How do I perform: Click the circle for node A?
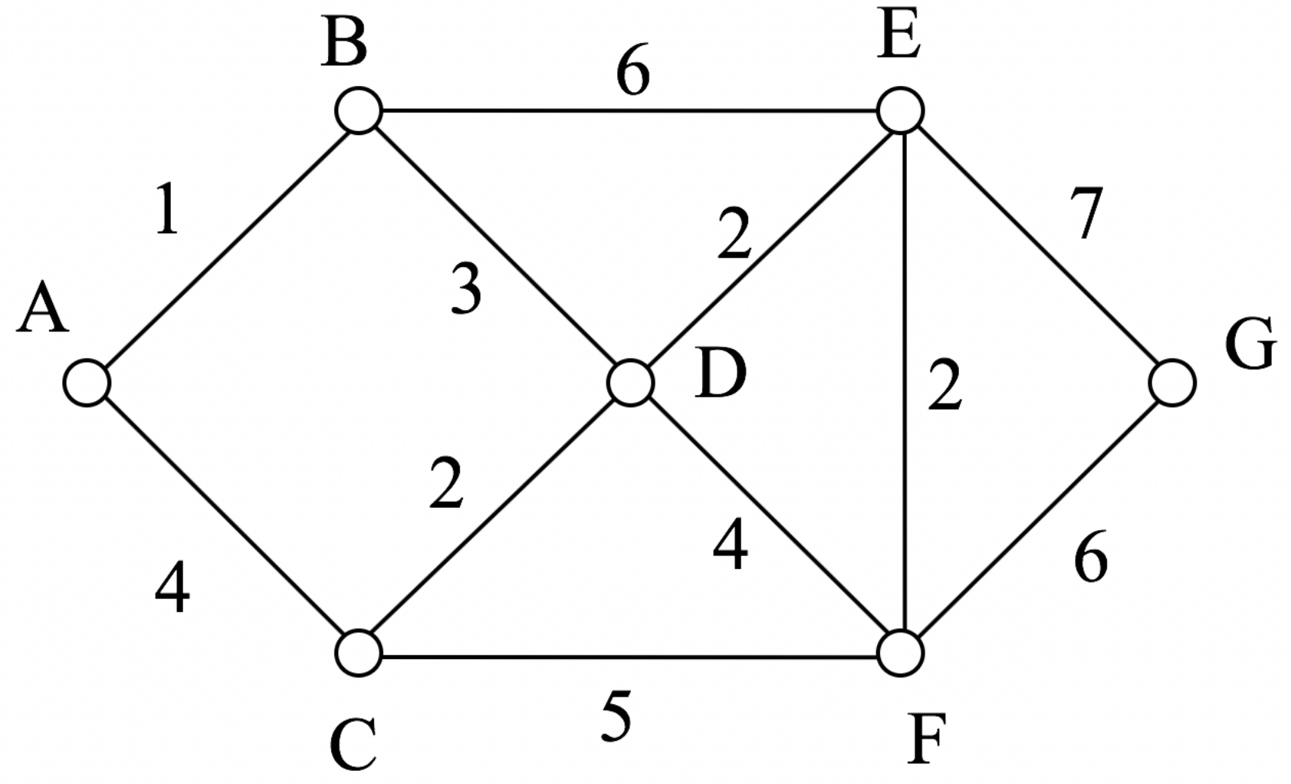pos(87,383)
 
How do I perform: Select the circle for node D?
pos(630,383)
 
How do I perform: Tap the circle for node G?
pos(1173,383)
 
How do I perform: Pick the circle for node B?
pos(358,111)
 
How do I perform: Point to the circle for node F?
pos(901,654)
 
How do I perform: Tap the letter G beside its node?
pos(1250,344)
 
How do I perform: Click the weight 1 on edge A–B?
pos(166,209)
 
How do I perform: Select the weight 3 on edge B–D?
pos(465,289)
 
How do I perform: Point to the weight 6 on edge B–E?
pos(632,74)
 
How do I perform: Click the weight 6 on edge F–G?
pos(1090,558)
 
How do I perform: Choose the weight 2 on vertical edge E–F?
pos(944,386)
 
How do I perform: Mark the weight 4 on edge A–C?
pos(172,589)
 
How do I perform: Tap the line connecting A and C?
pos(222,519)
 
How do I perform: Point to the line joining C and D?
pos(494,519)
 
